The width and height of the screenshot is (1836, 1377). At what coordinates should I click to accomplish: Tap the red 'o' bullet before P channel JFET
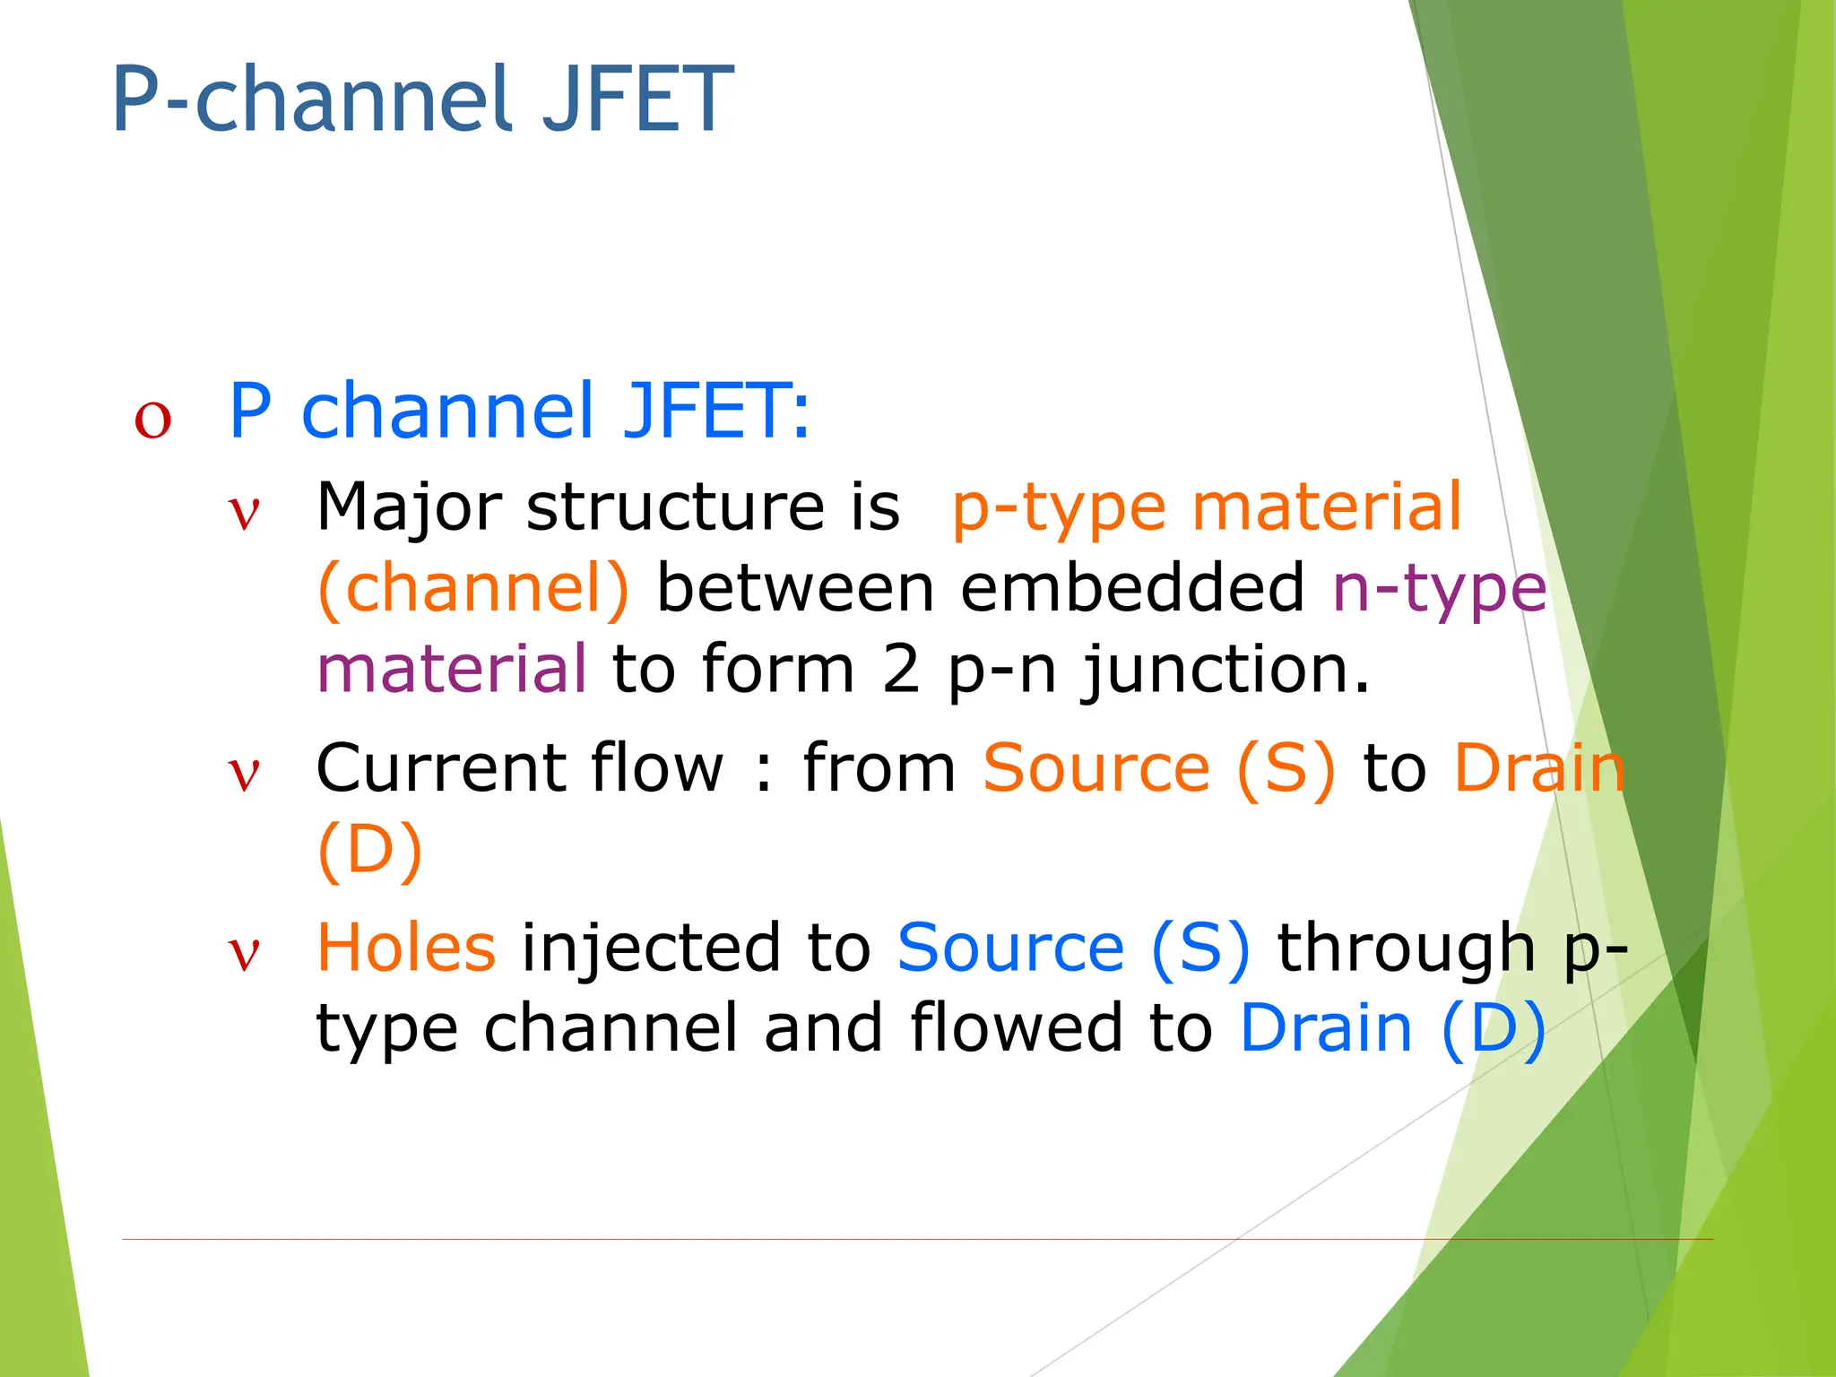coord(152,419)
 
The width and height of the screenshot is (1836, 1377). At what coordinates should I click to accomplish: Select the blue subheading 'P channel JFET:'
coord(519,411)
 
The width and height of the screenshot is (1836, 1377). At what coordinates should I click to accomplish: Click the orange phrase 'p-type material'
coord(1206,507)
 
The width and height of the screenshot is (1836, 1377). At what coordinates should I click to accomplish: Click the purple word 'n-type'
coord(1439,589)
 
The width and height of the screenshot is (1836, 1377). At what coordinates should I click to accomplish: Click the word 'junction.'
coord(1226,671)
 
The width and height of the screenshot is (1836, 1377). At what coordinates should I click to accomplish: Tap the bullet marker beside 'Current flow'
coord(244,775)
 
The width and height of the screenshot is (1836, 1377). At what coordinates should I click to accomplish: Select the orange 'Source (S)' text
coord(1158,769)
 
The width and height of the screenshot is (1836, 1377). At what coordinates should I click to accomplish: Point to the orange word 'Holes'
coord(406,948)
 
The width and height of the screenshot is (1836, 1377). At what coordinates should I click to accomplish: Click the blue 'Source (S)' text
coord(1073,948)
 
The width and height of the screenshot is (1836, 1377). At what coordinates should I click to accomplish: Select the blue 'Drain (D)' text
coord(1392,1028)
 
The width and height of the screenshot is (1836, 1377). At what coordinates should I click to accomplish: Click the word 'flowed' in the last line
coord(1016,1028)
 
